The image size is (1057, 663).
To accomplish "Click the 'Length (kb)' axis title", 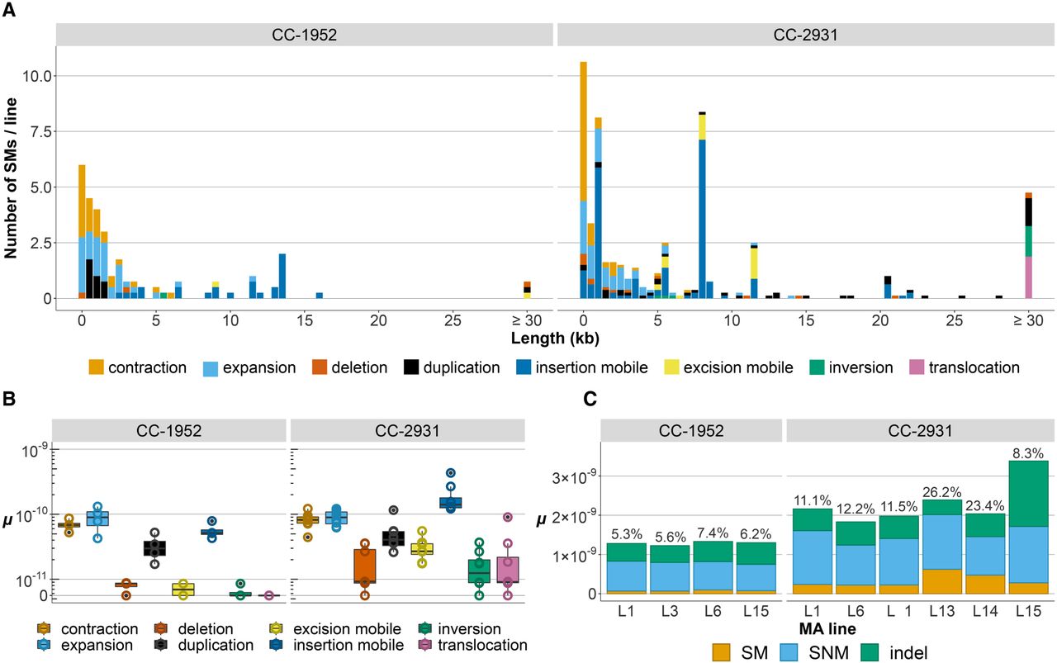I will pos(555,338).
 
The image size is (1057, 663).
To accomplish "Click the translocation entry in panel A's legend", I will pos(970,367).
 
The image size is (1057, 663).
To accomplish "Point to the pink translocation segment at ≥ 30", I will pos(1029,277).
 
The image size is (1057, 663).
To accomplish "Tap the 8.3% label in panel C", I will pos(1029,452).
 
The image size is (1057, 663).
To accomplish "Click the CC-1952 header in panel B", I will pos(169,430).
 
